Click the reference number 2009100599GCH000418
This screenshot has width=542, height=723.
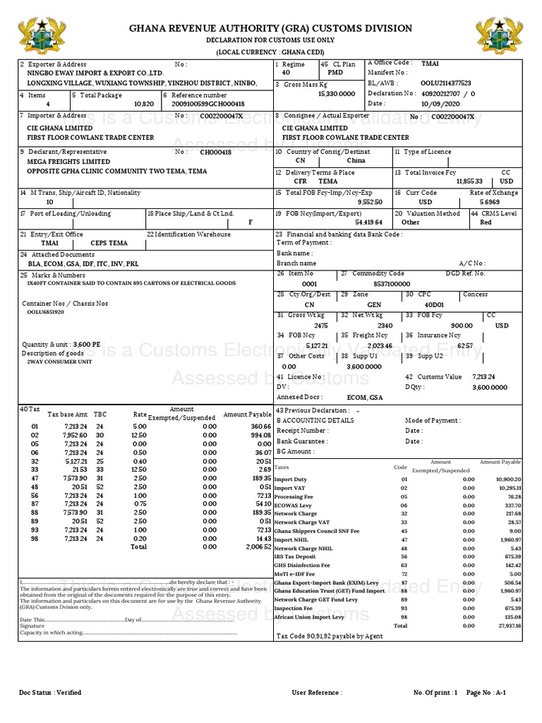point(208,104)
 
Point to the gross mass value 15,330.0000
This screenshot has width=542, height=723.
point(337,93)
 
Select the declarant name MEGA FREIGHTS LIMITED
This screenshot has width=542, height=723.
point(68,161)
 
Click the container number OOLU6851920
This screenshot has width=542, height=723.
point(46,311)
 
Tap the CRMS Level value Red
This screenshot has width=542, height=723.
point(486,222)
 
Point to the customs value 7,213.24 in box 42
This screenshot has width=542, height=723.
point(484,377)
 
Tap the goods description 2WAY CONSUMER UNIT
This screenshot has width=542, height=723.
point(59,361)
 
